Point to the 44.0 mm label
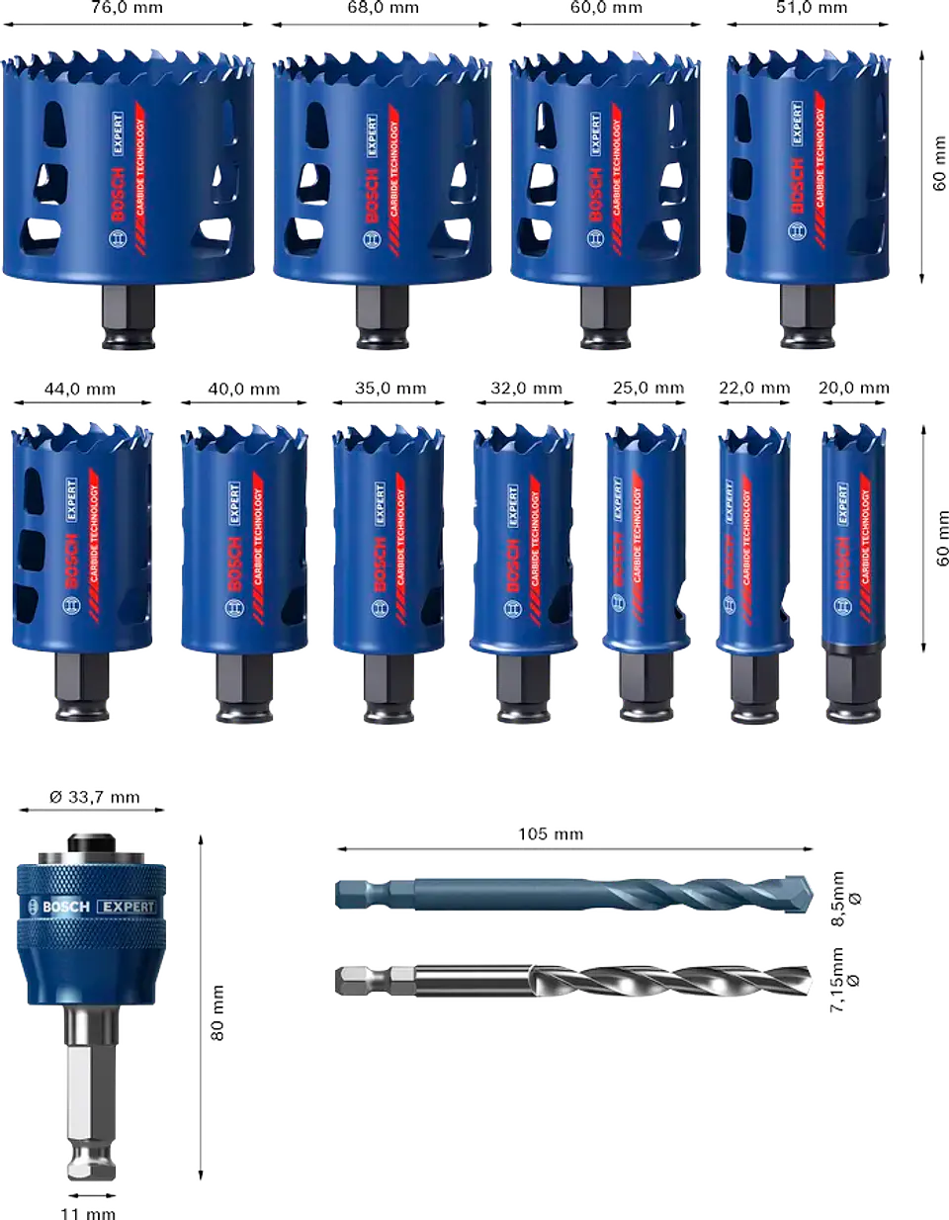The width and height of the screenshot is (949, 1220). tap(82, 390)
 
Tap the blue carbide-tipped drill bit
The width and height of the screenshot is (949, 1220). tap(573, 893)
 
